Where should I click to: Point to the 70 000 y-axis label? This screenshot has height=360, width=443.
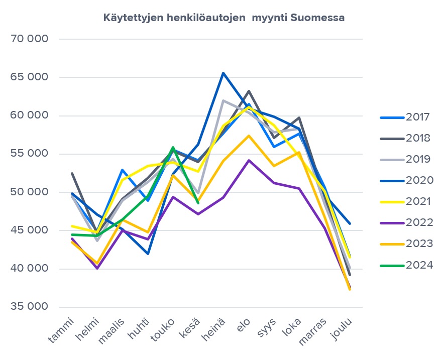tap(29, 39)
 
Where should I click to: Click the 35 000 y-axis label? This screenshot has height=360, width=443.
tap(29, 307)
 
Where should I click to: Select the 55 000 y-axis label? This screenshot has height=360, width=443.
tap(29, 154)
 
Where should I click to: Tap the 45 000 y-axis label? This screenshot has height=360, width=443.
tap(29, 231)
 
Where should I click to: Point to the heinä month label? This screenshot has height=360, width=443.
tap(214, 330)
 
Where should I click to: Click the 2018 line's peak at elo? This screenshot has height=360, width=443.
tap(249, 91)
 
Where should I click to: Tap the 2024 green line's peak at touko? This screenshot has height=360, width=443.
tap(173, 148)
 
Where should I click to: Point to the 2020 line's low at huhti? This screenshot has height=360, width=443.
tap(148, 254)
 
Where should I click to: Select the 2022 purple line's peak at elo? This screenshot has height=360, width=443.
tap(249, 160)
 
